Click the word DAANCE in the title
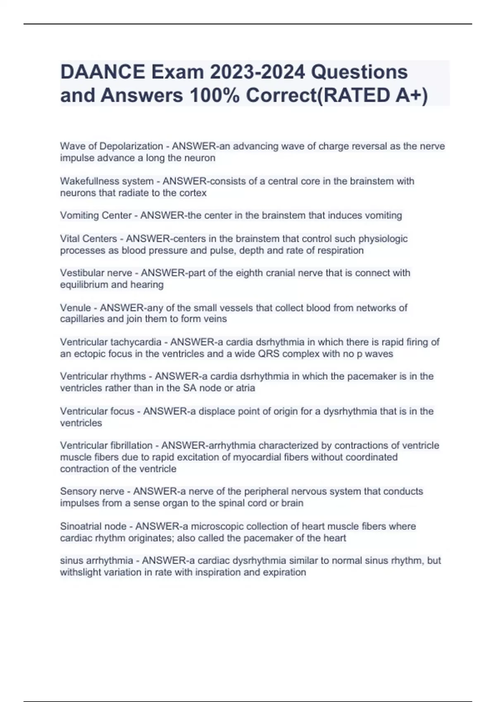pyautogui.click(x=102, y=72)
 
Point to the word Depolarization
pyautogui.click(x=131, y=146)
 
